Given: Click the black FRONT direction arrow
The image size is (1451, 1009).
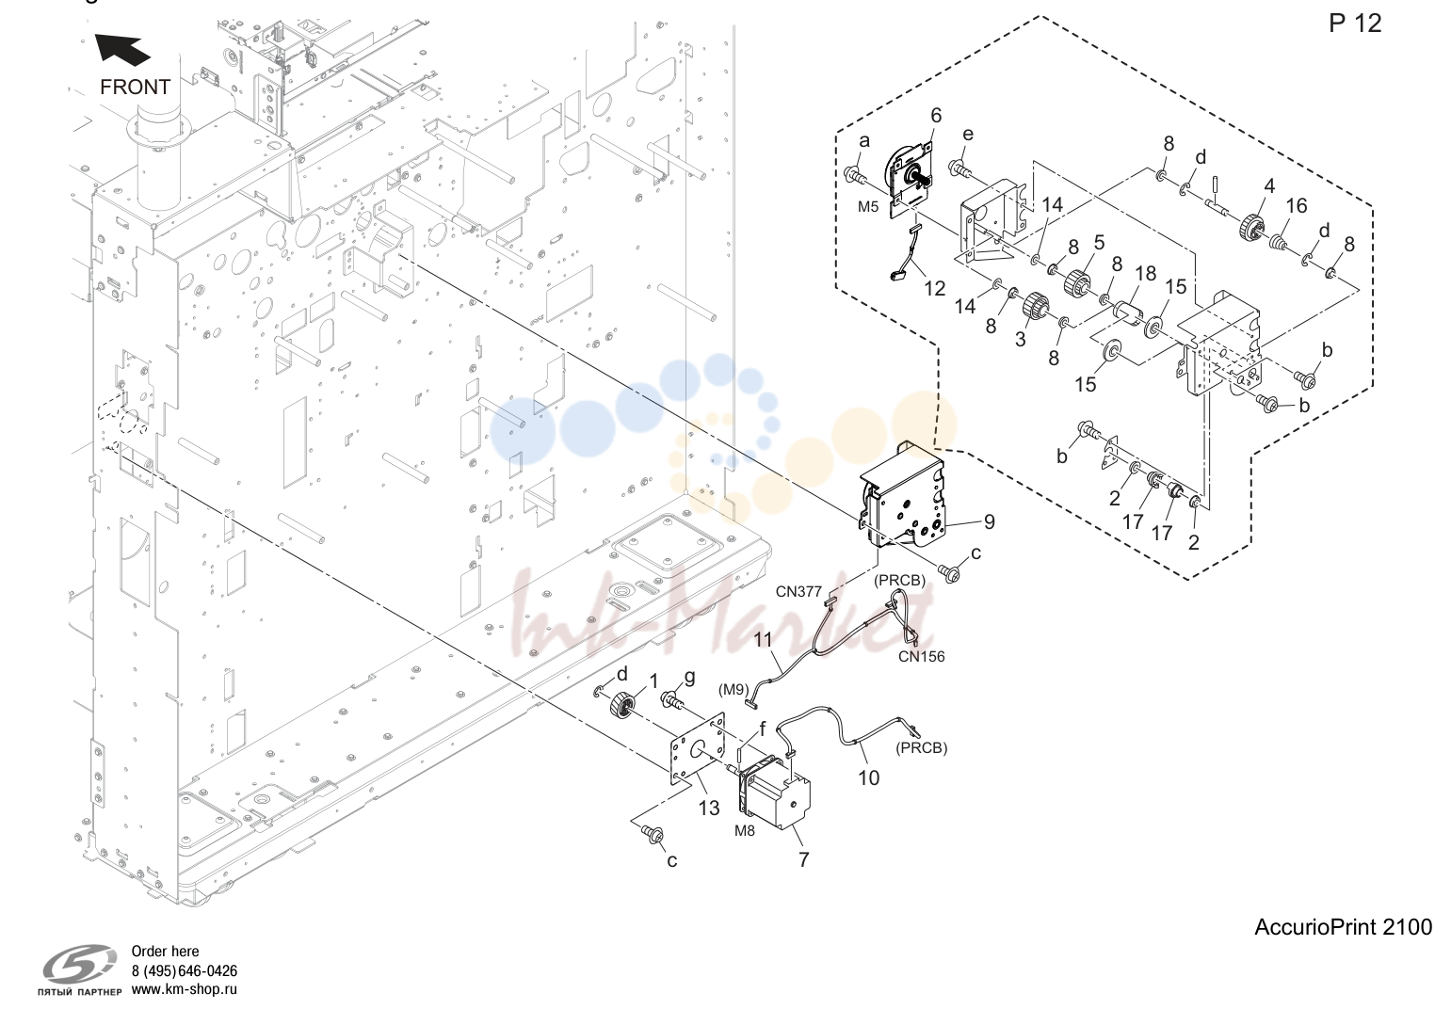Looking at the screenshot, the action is (x=122, y=49).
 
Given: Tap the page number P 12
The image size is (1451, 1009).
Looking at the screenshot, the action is (x=1355, y=24).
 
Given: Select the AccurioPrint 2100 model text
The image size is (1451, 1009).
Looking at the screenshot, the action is (x=1343, y=927).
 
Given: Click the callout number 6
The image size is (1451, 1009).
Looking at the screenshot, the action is (x=936, y=115).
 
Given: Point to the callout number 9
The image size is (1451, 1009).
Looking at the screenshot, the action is (x=989, y=521).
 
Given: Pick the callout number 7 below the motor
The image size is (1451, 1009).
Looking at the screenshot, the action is (x=804, y=859).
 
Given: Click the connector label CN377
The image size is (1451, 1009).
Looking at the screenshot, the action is (x=798, y=591).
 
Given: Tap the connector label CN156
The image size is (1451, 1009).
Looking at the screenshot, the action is (x=921, y=657).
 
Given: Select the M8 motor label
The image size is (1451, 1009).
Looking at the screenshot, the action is (x=744, y=830).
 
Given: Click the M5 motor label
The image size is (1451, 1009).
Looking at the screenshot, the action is (x=868, y=206).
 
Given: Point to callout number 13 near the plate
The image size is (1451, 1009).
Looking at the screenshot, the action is (x=709, y=809).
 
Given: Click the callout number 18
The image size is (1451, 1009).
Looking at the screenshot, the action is (x=1145, y=273).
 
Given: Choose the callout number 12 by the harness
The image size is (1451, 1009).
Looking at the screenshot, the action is (x=934, y=289).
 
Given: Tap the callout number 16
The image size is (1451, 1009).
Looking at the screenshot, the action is (x=1297, y=206).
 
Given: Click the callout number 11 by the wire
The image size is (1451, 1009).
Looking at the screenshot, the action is (x=763, y=640).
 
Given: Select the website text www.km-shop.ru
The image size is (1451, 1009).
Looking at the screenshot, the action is (x=184, y=989).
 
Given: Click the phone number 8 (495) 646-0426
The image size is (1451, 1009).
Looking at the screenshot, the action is (x=184, y=970).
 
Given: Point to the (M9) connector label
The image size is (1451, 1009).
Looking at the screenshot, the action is (x=734, y=690).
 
